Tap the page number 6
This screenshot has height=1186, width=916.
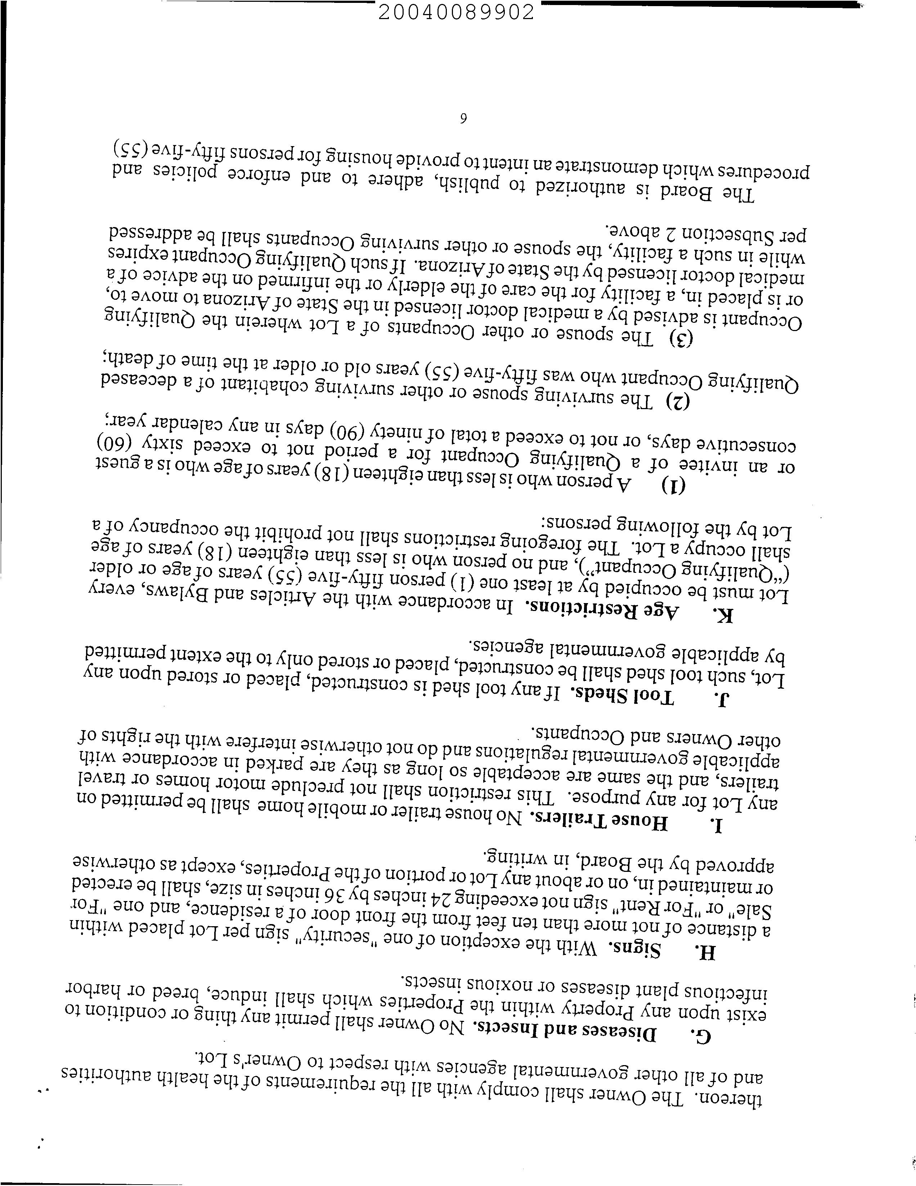(x=463, y=119)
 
